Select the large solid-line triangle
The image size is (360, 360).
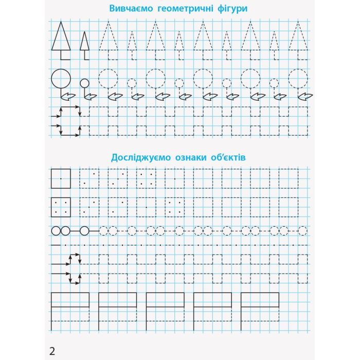(61, 37)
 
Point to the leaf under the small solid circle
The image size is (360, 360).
(91, 96)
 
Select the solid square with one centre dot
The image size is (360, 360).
(61, 178)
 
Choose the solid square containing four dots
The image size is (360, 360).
(61, 206)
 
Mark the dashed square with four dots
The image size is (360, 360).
(146, 178)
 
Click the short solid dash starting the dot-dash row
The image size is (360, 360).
(55, 245)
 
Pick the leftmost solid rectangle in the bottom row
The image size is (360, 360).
(70, 300)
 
